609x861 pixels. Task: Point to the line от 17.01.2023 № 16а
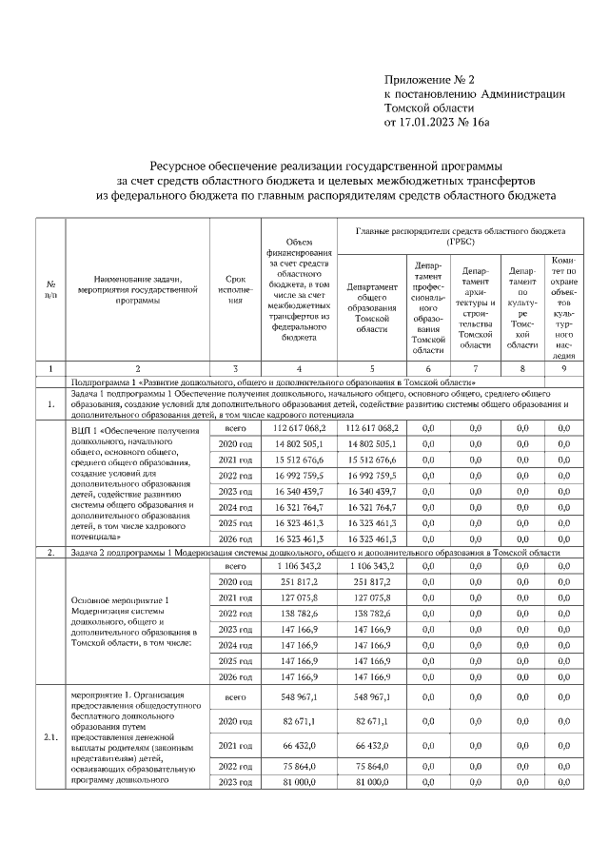click(437, 123)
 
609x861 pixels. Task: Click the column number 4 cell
click(299, 367)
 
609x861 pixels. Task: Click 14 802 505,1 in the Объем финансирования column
click(299, 443)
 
